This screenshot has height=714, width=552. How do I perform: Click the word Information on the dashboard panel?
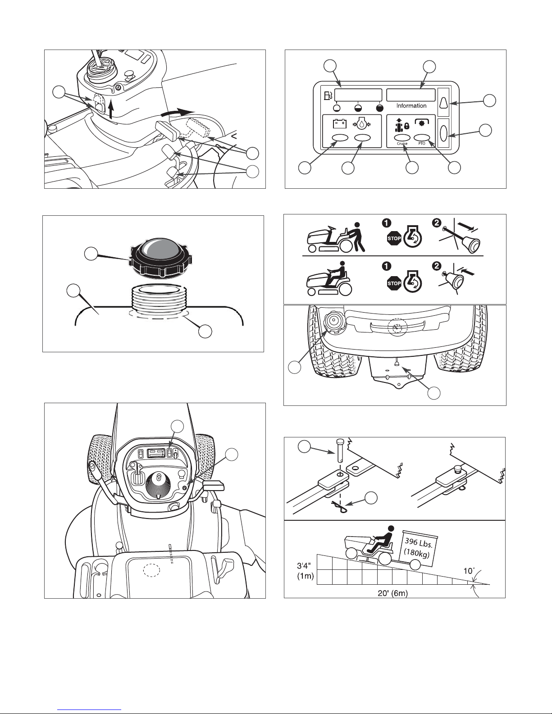(x=411, y=106)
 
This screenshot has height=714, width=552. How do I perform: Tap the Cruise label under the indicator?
(x=402, y=144)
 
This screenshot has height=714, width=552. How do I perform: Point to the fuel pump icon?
(x=328, y=96)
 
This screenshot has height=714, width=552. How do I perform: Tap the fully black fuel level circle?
(x=379, y=108)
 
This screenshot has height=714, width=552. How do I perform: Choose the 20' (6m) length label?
(x=395, y=593)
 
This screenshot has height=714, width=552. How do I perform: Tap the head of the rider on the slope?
(x=390, y=529)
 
